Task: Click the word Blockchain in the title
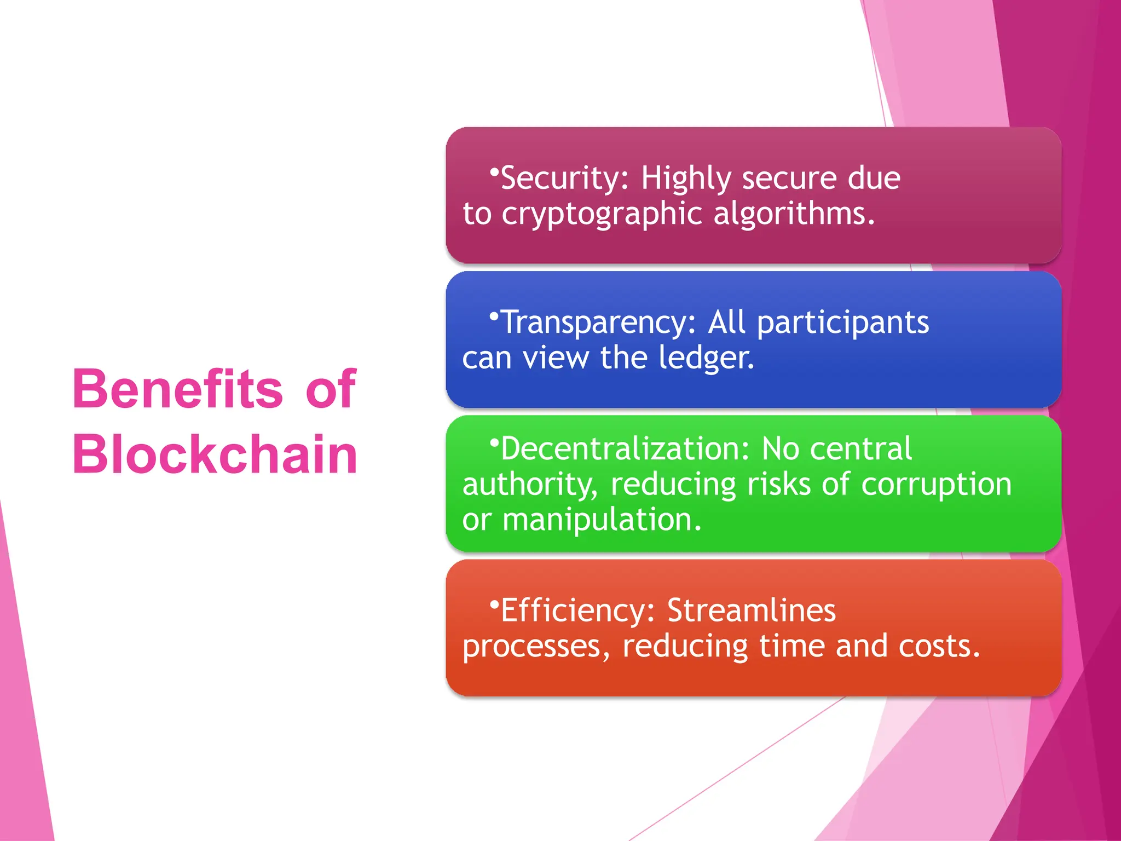pos(215,454)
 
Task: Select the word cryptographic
pos(602,214)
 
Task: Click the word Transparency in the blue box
pos(598,322)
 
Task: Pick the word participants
pos(843,323)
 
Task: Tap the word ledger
pos(706,358)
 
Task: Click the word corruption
pos(936,485)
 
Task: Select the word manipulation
pos(602,520)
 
